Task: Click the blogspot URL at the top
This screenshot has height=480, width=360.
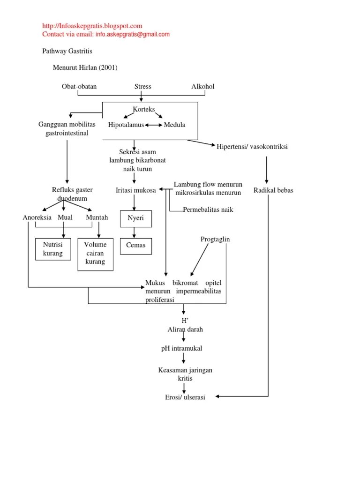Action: (x=92, y=26)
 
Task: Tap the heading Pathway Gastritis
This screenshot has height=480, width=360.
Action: (x=67, y=51)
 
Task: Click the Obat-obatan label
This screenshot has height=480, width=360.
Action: (x=79, y=87)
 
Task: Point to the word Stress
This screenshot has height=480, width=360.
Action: (x=142, y=87)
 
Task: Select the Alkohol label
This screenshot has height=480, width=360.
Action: (x=202, y=87)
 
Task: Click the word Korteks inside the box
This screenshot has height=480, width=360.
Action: (x=143, y=109)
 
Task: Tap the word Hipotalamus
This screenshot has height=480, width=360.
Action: (x=126, y=125)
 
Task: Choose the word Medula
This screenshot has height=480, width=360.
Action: (x=174, y=125)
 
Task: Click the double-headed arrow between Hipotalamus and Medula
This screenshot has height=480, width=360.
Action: (x=154, y=125)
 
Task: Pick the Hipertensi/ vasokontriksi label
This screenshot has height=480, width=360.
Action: (x=252, y=147)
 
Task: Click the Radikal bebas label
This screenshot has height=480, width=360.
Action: (x=273, y=190)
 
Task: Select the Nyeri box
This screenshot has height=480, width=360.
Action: (x=135, y=218)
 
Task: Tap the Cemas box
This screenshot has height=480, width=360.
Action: (x=135, y=245)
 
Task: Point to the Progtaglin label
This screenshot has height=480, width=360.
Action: (x=215, y=240)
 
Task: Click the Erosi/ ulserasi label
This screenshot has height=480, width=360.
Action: (x=185, y=397)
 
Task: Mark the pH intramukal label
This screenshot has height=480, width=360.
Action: (x=181, y=348)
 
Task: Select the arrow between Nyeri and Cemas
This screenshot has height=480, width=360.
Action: (x=135, y=232)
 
